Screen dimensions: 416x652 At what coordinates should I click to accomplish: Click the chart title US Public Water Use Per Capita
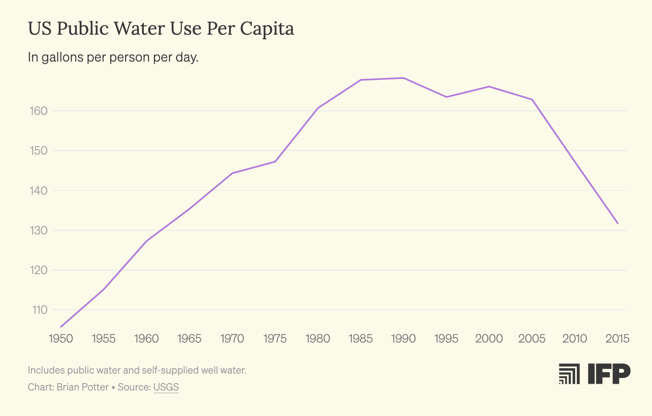[x=161, y=29]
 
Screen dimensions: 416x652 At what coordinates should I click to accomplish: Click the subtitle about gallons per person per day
[x=113, y=57]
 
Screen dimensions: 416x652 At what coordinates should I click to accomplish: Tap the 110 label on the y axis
[x=40, y=310]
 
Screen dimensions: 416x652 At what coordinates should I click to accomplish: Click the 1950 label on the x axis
[x=61, y=338]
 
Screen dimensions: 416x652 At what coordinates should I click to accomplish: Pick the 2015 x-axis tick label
[x=617, y=338]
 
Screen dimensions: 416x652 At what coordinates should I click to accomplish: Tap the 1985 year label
[x=361, y=338]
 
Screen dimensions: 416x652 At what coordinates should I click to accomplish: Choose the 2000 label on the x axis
[x=489, y=338]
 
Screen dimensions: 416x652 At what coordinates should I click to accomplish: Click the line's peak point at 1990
[x=403, y=78]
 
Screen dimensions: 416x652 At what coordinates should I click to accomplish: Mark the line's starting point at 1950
[x=61, y=327]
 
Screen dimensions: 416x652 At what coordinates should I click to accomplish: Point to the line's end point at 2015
[x=617, y=223]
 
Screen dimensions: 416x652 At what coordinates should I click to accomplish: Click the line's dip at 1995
[x=446, y=97]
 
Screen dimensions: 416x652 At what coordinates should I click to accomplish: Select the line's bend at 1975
[x=275, y=161]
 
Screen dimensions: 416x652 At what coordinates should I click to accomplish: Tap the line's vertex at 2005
[x=532, y=99]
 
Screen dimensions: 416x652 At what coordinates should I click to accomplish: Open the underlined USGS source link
[x=166, y=387]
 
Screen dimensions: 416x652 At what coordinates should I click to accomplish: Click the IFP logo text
[x=609, y=374]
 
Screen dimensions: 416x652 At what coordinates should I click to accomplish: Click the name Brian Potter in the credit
[x=82, y=387]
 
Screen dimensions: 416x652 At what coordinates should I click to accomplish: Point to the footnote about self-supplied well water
[x=137, y=370]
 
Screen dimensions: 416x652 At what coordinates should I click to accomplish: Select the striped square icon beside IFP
[x=569, y=374]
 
